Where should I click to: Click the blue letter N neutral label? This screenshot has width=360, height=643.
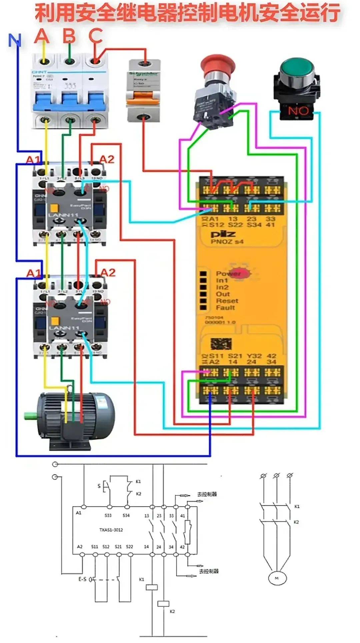[15, 41]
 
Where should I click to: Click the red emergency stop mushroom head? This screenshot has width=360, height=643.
[218, 64]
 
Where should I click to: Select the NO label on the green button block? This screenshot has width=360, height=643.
[298, 111]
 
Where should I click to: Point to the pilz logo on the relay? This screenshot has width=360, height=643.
[223, 234]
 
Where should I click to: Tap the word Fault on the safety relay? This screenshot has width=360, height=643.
[225, 307]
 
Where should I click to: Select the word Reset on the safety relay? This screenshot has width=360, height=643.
[227, 301]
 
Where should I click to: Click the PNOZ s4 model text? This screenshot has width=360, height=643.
[227, 242]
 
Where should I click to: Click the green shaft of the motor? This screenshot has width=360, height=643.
[31, 416]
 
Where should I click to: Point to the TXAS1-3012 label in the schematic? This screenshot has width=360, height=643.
[111, 530]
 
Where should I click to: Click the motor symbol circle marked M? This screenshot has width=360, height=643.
[276, 578]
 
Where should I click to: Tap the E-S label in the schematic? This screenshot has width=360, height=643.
[82, 579]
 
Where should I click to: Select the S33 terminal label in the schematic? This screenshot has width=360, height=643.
[108, 515]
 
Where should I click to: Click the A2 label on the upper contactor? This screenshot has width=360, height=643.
[107, 159]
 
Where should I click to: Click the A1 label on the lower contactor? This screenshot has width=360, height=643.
[33, 273]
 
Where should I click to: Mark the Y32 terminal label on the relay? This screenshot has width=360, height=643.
[254, 356]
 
